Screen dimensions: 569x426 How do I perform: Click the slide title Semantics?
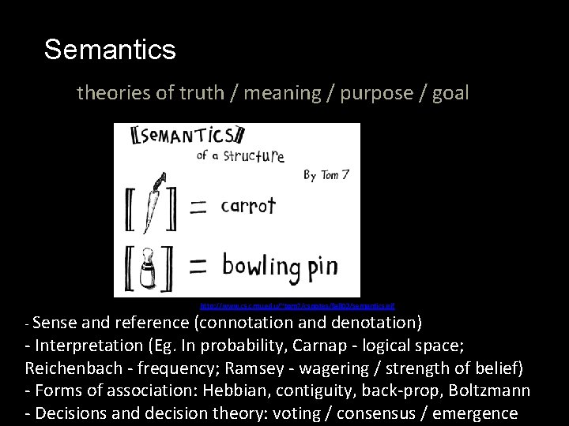click(x=110, y=50)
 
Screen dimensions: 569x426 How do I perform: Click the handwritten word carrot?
click(x=248, y=207)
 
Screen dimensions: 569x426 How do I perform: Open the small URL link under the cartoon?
click(x=297, y=304)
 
